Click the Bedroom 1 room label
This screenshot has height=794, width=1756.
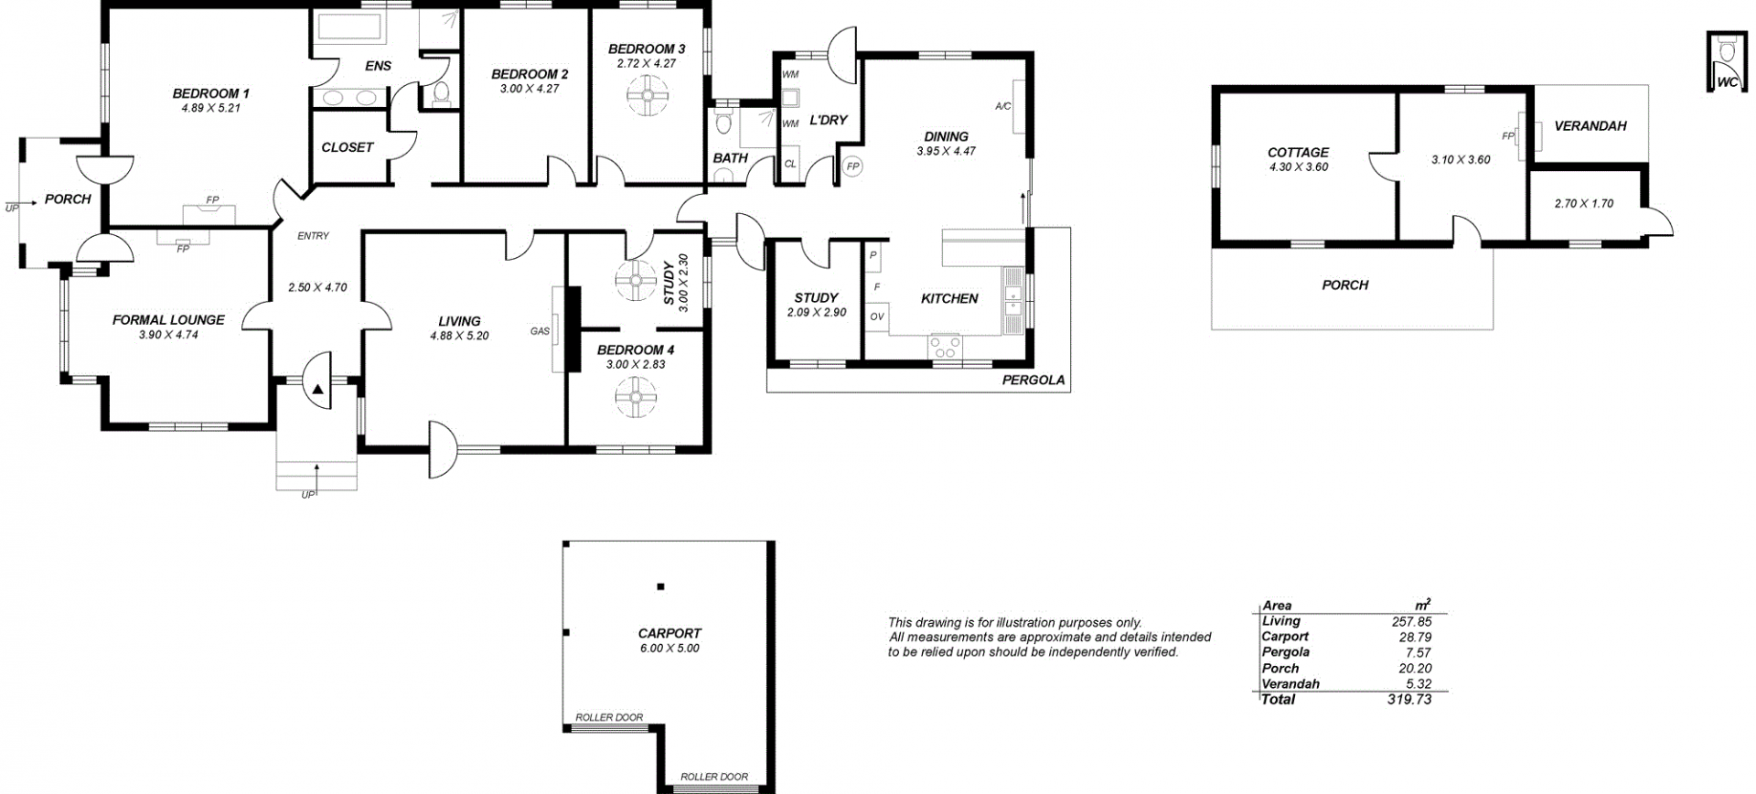pyautogui.click(x=210, y=93)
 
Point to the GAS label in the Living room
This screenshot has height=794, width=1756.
pyautogui.click(x=540, y=331)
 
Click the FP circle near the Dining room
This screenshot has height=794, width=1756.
pyautogui.click(x=852, y=166)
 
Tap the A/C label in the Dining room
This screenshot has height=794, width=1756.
pyautogui.click(x=1003, y=107)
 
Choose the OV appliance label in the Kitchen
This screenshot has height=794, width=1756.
pyautogui.click(x=877, y=317)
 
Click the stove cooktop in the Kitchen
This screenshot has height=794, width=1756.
pyautogui.click(x=945, y=347)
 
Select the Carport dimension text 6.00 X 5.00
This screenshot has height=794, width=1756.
pyautogui.click(x=669, y=649)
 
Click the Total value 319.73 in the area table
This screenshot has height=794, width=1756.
pyautogui.click(x=1409, y=700)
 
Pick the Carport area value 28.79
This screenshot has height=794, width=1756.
pyautogui.click(x=1413, y=637)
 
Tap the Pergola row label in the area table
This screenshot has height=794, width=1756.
pyautogui.click(x=1286, y=652)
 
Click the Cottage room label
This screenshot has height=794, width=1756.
pyautogui.click(x=1298, y=153)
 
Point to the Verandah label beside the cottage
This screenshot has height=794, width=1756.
pyautogui.click(x=1590, y=126)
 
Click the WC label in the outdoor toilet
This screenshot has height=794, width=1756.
pyautogui.click(x=1727, y=82)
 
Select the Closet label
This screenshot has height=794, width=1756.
pyautogui.click(x=348, y=147)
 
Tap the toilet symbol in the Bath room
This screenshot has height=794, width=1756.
pyautogui.click(x=724, y=122)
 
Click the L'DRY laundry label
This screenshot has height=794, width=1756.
pyautogui.click(x=829, y=120)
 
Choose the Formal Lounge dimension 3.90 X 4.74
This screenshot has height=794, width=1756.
pyautogui.click(x=168, y=335)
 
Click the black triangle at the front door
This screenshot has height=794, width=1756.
pyautogui.click(x=317, y=390)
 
